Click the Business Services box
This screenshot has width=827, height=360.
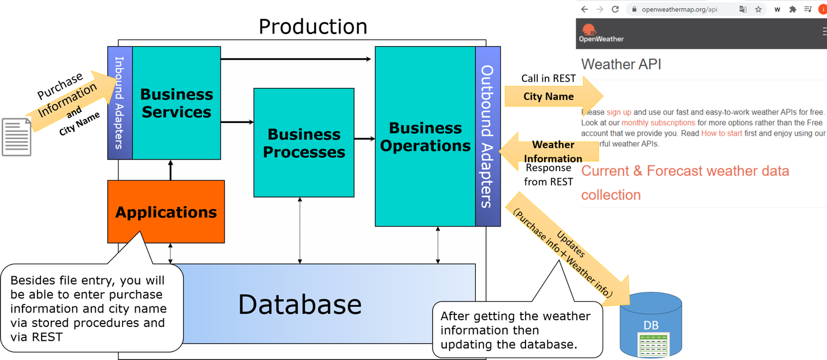176,103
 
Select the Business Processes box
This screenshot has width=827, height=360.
304,143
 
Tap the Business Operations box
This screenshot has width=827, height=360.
425,136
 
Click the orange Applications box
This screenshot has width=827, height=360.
166,212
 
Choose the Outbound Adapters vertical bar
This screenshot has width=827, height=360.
487,136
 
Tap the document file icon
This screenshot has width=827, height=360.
16,136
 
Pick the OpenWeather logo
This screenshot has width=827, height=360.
601,33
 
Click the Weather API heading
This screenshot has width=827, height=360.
621,64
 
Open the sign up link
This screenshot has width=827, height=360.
619,112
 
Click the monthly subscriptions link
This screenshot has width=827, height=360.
658,123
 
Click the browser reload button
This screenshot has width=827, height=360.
615,9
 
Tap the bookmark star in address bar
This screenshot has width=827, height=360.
758,9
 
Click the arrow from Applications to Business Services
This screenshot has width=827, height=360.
170,170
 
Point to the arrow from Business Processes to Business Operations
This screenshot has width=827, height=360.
364,139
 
